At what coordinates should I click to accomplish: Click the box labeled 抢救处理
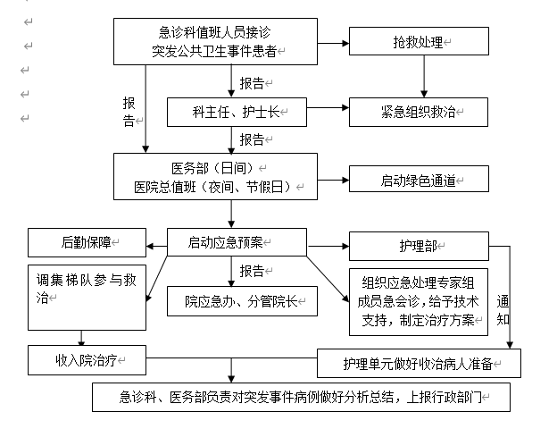coord(419,42)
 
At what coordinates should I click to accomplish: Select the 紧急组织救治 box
coord(419,111)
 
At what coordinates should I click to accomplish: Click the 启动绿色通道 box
coord(419,179)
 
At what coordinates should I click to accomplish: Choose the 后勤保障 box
coord(86,241)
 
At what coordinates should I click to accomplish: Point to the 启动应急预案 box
coord(237,241)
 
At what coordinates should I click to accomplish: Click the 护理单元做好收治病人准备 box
coord(419,363)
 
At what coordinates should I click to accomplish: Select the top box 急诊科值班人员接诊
coord(215,41)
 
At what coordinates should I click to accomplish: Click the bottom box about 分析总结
coord(301,397)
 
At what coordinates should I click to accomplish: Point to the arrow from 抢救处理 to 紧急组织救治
coord(424,77)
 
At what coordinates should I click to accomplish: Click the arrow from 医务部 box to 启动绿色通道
coord(333,179)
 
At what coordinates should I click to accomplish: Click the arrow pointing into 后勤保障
coord(155,241)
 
